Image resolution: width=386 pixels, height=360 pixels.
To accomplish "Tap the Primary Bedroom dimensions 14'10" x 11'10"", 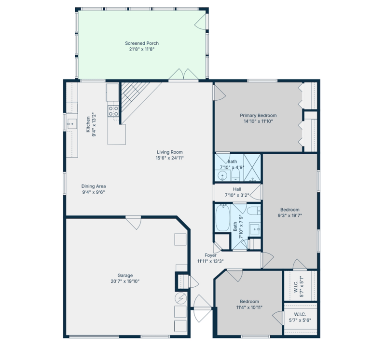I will pos(258,121).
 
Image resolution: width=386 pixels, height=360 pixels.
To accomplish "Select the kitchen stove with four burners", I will pos(113,111).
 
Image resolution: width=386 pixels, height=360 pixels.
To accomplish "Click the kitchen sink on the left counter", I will pos(71,124).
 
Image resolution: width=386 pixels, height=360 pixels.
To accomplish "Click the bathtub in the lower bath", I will pos(223,218).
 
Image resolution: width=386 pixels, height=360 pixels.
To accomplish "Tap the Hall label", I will pos(237,189).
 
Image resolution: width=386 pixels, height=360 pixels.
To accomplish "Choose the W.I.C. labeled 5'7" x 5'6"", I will pos(299,320).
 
